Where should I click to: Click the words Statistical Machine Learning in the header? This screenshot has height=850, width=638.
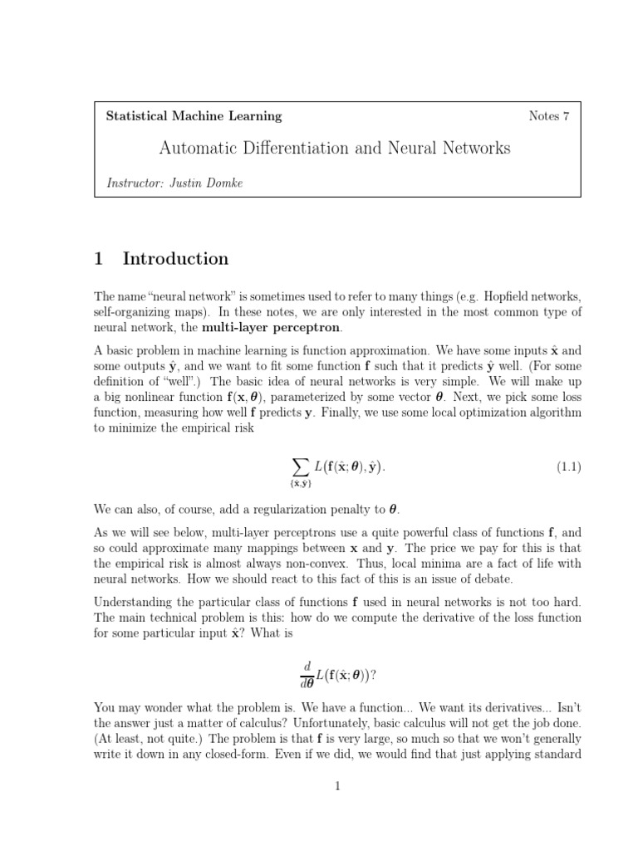click(x=194, y=116)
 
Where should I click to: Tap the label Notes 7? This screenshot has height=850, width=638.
click(x=548, y=116)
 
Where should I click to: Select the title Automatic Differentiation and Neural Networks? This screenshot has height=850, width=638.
click(x=335, y=149)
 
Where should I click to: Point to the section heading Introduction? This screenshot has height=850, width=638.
click(x=175, y=259)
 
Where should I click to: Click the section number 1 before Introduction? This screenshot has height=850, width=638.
click(x=99, y=259)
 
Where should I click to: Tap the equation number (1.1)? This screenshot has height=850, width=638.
click(x=568, y=467)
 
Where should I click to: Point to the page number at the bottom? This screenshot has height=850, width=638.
click(x=338, y=787)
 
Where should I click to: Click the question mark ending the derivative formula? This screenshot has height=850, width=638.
click(x=374, y=674)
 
